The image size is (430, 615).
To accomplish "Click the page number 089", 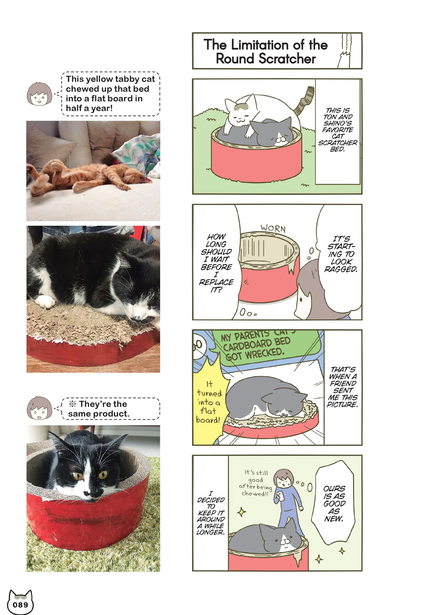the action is tap(20, 605).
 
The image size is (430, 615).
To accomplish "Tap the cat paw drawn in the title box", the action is tap(345, 60).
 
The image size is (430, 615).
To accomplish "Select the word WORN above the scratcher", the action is tap(273, 228).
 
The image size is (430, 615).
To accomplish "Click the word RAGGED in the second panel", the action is tap(341, 269).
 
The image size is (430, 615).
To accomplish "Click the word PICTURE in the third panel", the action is tap(343, 404).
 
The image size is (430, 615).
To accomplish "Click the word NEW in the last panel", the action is tap(333, 519).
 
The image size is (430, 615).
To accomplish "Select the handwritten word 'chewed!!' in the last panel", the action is tap(255, 494).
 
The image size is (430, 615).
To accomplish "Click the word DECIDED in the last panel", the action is tap(211, 500).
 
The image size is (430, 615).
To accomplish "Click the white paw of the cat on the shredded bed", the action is tap(45, 301).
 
